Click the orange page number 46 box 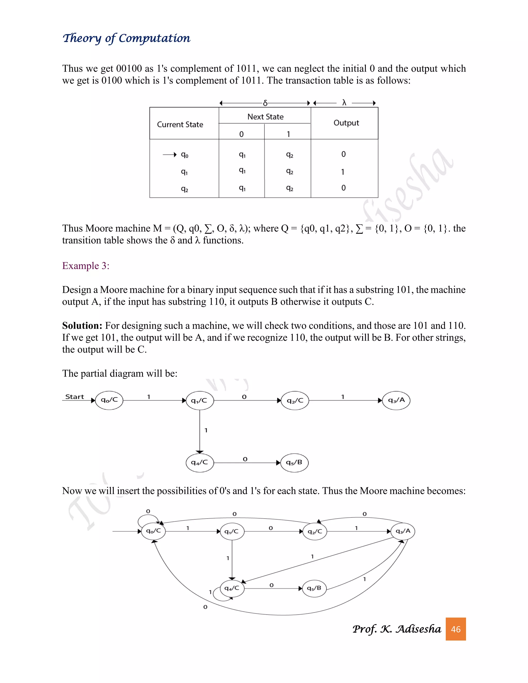pyautogui.click(x=456, y=629)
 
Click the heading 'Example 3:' pyautogui.click(x=86, y=265)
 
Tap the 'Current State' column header pyautogui.click(x=180, y=124)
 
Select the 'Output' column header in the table pyautogui.click(x=346, y=123)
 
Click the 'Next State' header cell pyautogui.click(x=265, y=117)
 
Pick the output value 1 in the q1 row pyautogui.click(x=343, y=172)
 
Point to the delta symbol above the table pyautogui.click(x=265, y=103)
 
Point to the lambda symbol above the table pyautogui.click(x=344, y=103)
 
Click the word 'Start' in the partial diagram pyautogui.click(x=75, y=397)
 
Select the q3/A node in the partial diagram pyautogui.click(x=396, y=400)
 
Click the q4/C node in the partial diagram pyautogui.click(x=200, y=463)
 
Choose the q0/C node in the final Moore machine pyautogui.click(x=153, y=531)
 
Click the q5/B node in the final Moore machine pyautogui.click(x=314, y=588)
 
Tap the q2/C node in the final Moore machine pyautogui.click(x=315, y=531)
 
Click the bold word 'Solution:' pyautogui.click(x=82, y=326)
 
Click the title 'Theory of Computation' pyautogui.click(x=126, y=38)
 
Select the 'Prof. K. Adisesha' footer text pyautogui.click(x=397, y=629)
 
